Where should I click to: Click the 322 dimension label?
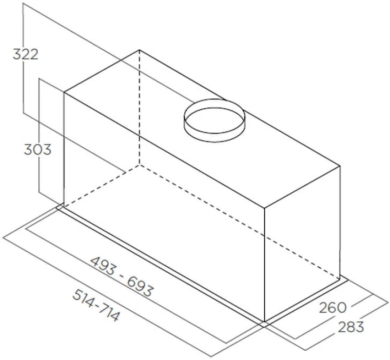click(x=25, y=54)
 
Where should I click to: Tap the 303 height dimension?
click(x=38, y=150)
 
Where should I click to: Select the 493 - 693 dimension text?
click(x=122, y=277)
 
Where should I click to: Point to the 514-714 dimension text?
click(x=96, y=305)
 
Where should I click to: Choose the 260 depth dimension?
click(x=332, y=307)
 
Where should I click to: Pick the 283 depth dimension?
click(x=351, y=327)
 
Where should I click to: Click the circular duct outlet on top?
click(x=214, y=120)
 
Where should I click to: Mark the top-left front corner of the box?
click(x=64, y=93)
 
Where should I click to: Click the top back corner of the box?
click(x=139, y=50)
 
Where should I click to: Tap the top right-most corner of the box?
click(x=340, y=165)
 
